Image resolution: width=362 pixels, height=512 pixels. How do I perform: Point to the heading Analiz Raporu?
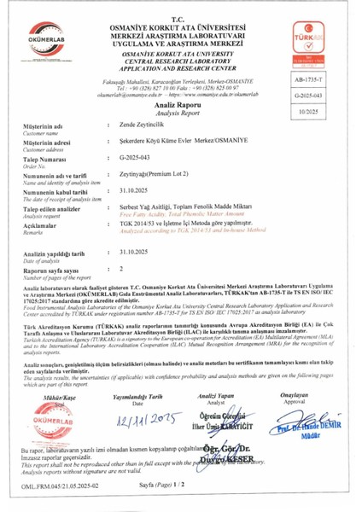pyautogui.click(x=180, y=124)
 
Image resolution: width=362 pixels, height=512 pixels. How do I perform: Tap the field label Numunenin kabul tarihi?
pyautogui.click(x=57, y=213)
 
